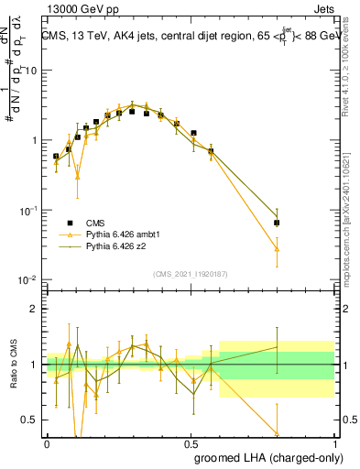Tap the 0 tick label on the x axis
pos(47,442)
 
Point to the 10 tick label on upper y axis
pos(30,71)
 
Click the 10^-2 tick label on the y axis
pos(28,280)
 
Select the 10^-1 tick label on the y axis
pos(28,211)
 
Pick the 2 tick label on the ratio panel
pos(36,309)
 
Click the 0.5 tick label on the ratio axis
pos(31,420)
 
